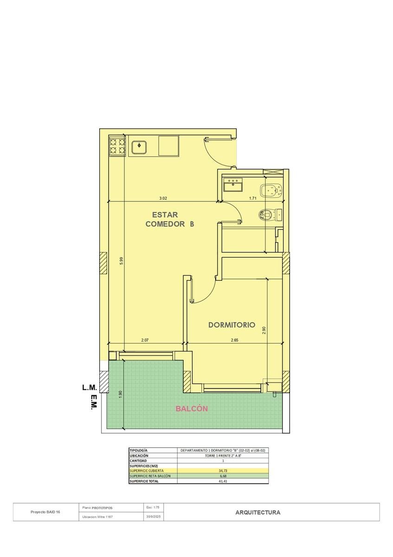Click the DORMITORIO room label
(x=232, y=325)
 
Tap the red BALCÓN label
(x=192, y=409)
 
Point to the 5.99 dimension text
(x=121, y=261)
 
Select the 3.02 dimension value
(x=163, y=198)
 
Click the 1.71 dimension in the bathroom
(x=252, y=198)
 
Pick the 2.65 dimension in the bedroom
(x=234, y=340)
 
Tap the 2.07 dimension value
(x=145, y=340)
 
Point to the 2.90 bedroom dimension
(x=264, y=330)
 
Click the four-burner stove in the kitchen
(x=117, y=146)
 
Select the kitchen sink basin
(x=139, y=147)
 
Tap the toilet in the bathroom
(x=271, y=214)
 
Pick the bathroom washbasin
(x=233, y=185)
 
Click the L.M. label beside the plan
(x=90, y=388)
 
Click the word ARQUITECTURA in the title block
(x=258, y=512)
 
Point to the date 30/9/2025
(x=154, y=517)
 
